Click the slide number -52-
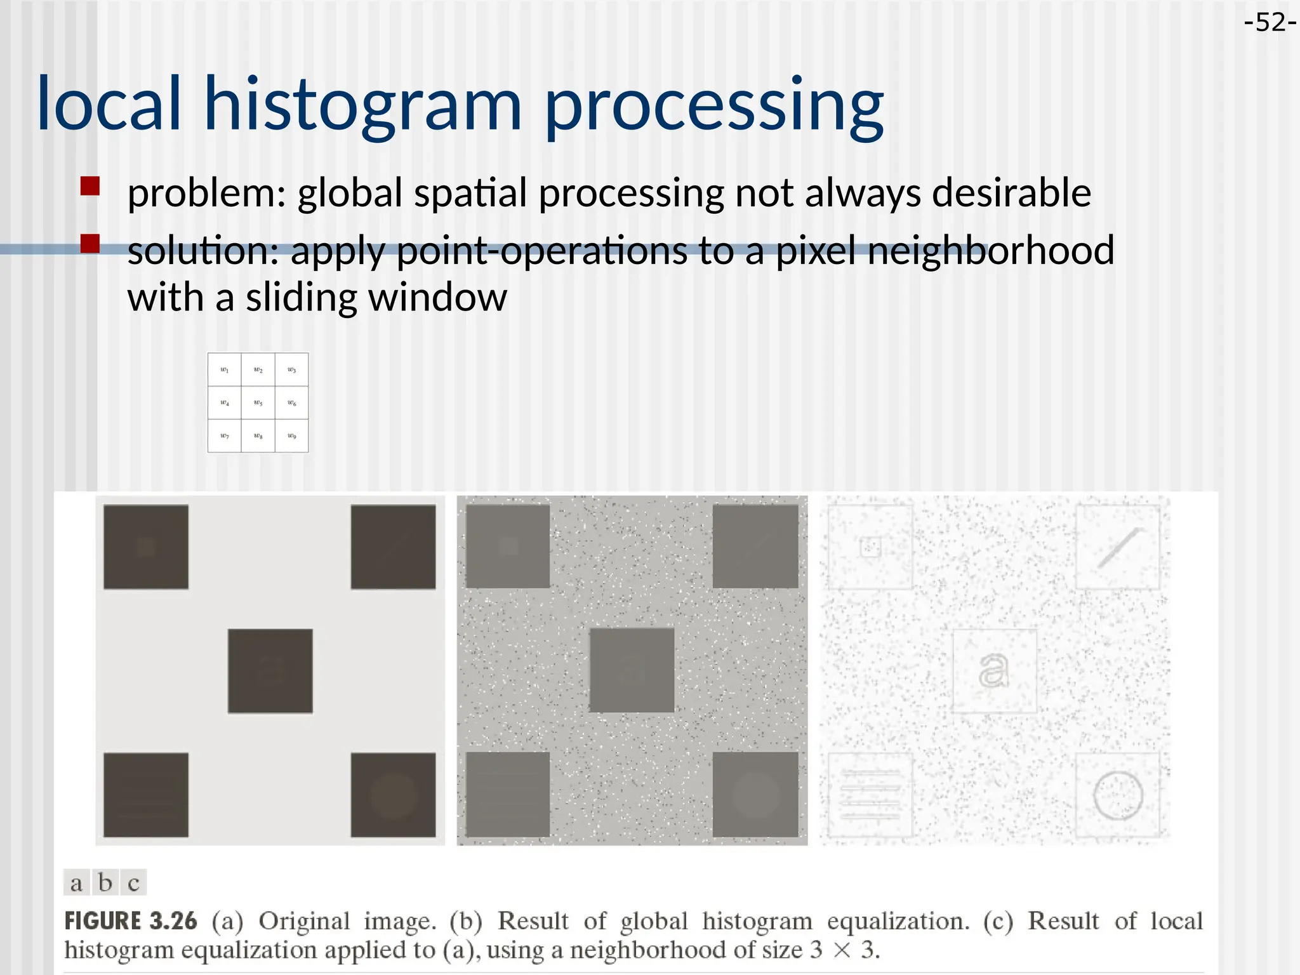pos(1269,23)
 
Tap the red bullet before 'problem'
pos(90,187)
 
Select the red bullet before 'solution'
pos(90,244)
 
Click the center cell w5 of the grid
pos(258,403)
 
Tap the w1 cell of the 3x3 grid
pos(224,369)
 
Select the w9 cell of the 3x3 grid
pos(291,436)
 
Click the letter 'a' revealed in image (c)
pos(993,670)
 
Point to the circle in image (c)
pos(1118,795)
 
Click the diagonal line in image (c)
pos(1120,547)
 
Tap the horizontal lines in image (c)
pos(870,795)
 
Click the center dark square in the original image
pos(270,671)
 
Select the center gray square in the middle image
pos(632,670)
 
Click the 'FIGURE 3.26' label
pos(131,921)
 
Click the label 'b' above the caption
pos(105,882)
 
